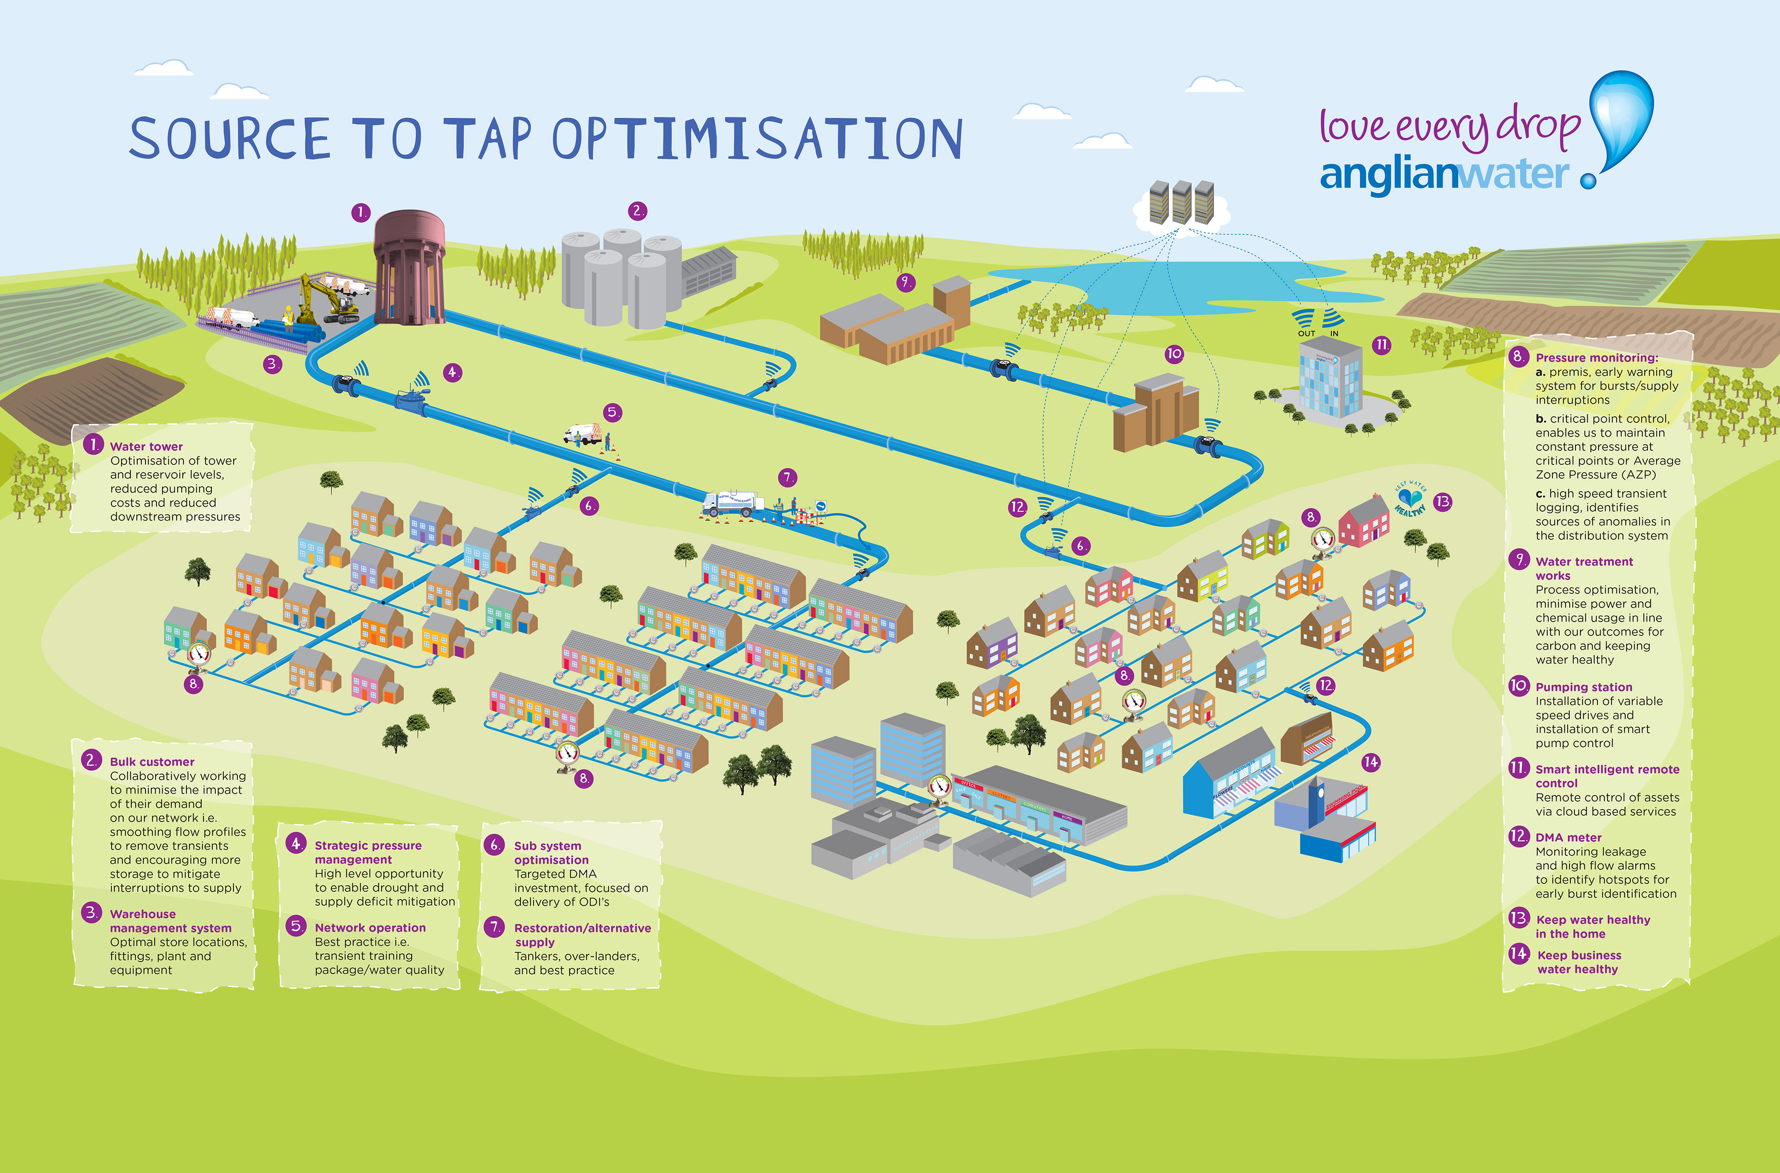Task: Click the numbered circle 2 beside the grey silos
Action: (637, 211)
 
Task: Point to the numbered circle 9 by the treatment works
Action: (905, 282)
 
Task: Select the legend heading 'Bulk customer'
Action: (152, 761)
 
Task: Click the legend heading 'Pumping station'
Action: (1583, 687)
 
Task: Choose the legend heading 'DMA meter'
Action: (1568, 837)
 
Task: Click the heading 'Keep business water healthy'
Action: (1579, 962)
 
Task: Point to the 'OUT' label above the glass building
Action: (1306, 334)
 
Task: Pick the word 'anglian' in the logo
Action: (1389, 176)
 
